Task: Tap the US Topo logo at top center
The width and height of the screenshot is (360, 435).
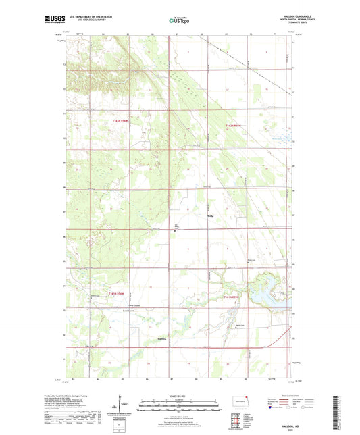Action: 180,20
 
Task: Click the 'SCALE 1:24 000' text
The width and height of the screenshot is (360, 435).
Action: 180,396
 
